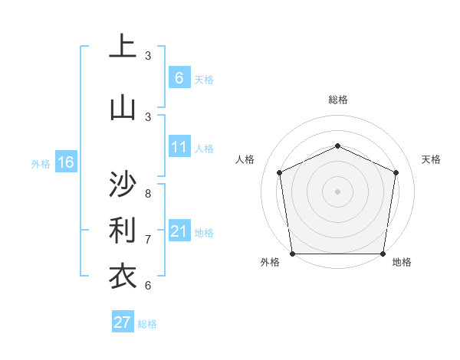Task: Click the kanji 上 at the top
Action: click(123, 47)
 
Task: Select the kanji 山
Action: click(123, 107)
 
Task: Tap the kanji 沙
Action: click(123, 185)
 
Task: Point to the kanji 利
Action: click(123, 230)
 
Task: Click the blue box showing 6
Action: click(179, 77)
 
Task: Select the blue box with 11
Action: click(179, 147)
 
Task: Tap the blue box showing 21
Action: click(179, 231)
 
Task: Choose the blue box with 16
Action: click(65, 162)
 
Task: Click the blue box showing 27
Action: click(123, 322)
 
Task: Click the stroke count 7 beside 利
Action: click(148, 239)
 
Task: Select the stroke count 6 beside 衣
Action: click(148, 286)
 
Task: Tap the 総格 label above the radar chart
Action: click(337, 100)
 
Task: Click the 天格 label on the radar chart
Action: click(431, 159)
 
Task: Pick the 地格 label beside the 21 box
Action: click(204, 232)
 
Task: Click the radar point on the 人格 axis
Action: click(279, 172)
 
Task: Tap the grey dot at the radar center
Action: click(337, 191)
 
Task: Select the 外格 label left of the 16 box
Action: click(40, 163)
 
